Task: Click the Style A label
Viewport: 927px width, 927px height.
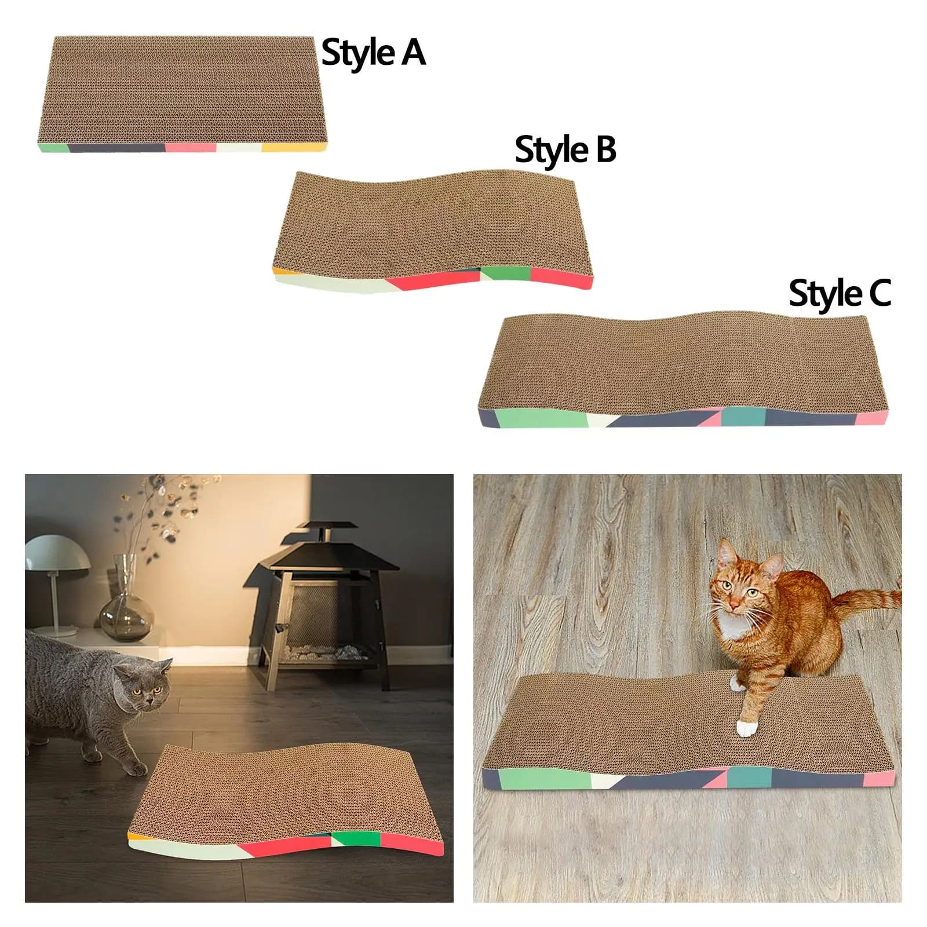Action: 373,53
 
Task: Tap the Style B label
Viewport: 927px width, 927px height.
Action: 565,149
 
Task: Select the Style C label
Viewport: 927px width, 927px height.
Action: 840,293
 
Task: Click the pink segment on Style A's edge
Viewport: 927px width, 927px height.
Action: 191,147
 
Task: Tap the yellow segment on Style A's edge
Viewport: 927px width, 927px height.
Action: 293,148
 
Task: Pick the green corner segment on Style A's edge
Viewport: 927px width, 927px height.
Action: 54,147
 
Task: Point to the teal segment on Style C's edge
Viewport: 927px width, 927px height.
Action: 743,415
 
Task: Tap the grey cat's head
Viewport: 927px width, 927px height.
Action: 142,687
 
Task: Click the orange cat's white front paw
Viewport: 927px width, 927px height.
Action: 746,728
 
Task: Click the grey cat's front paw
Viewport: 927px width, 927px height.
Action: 137,768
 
